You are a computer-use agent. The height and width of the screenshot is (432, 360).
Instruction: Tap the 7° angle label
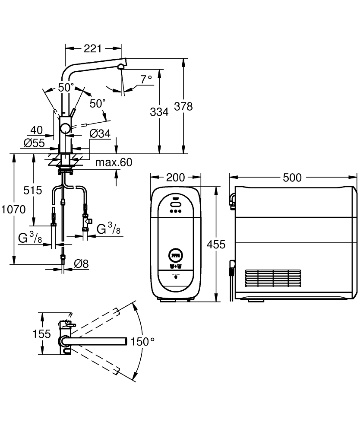point(146,79)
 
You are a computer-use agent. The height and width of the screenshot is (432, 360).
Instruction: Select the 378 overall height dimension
point(183,106)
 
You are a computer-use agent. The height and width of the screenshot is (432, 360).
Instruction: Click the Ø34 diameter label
point(100,134)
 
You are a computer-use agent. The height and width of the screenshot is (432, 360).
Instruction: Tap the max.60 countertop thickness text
point(114,162)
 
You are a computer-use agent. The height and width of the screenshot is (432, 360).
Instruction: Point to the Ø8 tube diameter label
point(81,263)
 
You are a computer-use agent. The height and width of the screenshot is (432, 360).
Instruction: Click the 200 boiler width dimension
point(175,178)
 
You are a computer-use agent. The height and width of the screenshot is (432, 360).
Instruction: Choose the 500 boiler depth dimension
point(292,178)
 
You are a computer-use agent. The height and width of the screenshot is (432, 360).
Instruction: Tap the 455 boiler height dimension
point(216,245)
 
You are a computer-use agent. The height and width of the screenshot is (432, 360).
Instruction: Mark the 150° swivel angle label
point(142,341)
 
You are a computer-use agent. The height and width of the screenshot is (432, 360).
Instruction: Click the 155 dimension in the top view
point(42,334)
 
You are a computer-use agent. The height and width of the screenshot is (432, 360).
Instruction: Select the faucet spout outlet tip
point(121,66)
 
